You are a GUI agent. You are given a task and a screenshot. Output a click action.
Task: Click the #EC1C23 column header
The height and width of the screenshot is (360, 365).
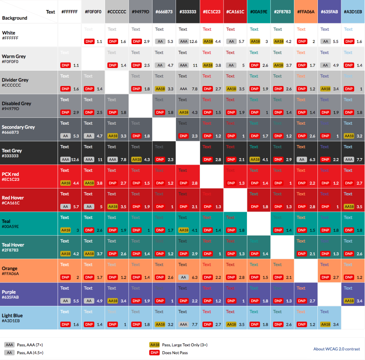(211, 12)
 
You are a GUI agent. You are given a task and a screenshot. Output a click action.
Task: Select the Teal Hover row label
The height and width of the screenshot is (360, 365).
(13, 245)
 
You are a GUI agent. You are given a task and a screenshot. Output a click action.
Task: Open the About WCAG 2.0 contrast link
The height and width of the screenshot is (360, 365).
(337, 349)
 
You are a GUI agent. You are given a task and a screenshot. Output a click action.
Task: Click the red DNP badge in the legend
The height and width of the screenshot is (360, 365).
(155, 353)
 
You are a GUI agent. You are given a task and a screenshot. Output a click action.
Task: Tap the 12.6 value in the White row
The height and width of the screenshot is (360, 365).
(193, 41)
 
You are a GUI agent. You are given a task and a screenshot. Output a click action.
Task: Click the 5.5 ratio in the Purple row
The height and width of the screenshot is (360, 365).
(76, 301)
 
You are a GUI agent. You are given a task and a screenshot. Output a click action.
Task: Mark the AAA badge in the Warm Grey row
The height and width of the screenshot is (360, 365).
(184, 65)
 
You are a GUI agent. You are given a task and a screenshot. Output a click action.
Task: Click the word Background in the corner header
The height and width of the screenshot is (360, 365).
(15, 18)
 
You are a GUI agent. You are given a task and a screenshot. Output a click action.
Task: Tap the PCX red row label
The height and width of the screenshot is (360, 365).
(10, 174)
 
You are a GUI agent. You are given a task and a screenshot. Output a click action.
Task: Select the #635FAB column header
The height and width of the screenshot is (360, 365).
(329, 12)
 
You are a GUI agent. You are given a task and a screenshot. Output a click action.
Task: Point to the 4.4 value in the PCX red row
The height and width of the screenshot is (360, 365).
(76, 183)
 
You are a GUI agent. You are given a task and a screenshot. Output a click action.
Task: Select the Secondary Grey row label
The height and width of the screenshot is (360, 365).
(18, 127)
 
